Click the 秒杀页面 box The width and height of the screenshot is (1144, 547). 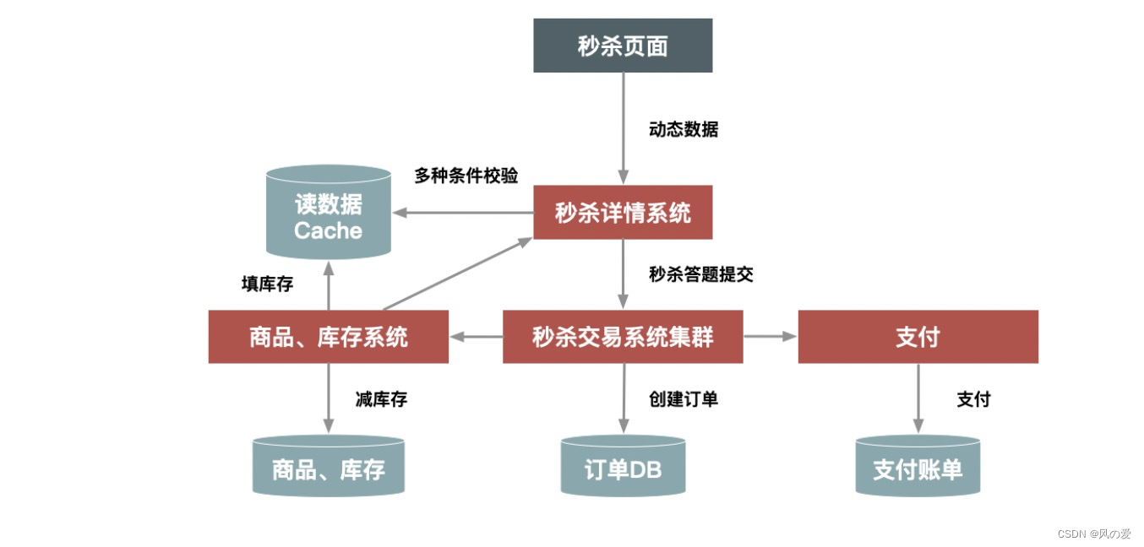pos(623,46)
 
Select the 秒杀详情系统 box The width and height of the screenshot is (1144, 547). pos(623,212)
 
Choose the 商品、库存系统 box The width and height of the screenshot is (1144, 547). pos(328,337)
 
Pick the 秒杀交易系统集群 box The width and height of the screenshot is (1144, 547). pos(623,337)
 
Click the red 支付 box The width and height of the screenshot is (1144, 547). pos(918,337)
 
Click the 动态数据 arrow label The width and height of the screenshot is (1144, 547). pos(684,130)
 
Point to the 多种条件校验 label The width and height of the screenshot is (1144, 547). pos(466,176)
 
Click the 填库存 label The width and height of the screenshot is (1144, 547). pos(267,284)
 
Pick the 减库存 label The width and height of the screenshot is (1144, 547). pos(381,399)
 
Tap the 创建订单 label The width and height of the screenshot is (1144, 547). pos(684,399)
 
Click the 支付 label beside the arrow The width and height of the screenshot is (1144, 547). pos(973,399)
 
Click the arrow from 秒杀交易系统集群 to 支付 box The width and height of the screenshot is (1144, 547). pos(770,337)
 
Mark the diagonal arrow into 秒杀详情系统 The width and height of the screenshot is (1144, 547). pos(456,274)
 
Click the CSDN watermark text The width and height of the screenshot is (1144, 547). pos(1094,534)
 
